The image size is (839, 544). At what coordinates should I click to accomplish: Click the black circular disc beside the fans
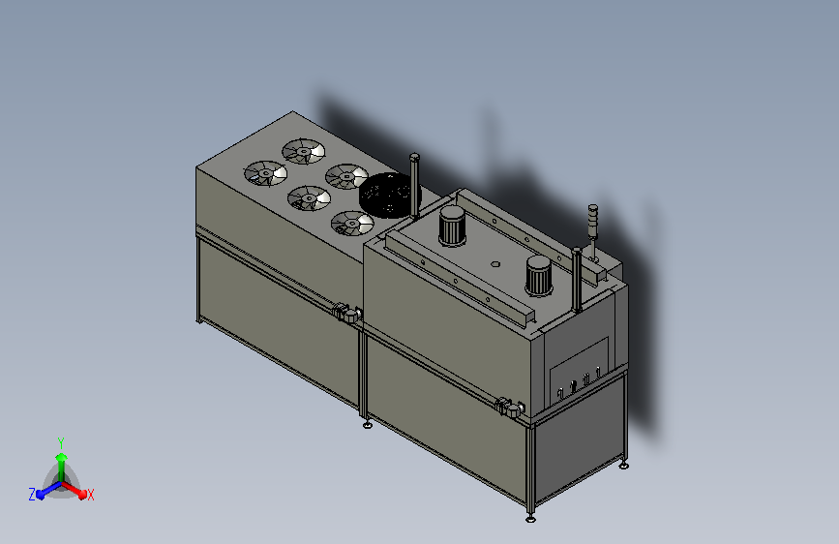click(x=390, y=196)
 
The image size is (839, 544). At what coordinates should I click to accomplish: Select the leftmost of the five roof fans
click(x=266, y=173)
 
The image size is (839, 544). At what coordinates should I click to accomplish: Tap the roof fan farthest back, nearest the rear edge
click(x=304, y=152)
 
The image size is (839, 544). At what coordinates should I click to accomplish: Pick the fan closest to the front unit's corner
click(x=352, y=224)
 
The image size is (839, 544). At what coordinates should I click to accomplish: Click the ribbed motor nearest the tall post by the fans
click(x=452, y=226)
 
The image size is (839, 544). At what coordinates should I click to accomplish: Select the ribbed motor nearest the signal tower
click(x=538, y=276)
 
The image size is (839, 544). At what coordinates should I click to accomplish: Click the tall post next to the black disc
click(x=415, y=186)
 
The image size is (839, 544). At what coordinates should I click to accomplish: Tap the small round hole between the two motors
click(x=495, y=264)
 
